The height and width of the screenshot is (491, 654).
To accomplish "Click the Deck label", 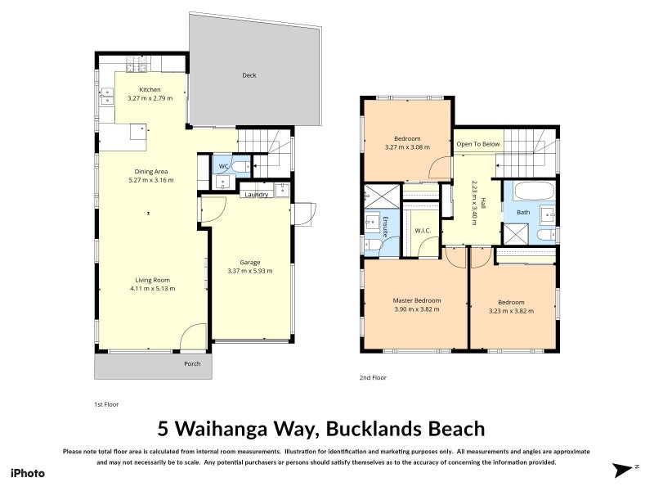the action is (x=249, y=75).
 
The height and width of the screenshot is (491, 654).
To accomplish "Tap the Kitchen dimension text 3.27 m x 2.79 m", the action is (x=150, y=98).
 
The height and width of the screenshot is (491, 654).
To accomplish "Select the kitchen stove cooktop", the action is (x=137, y=64).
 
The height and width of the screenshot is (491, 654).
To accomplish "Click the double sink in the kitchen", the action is (x=107, y=97).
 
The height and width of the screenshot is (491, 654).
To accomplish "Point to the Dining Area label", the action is (x=151, y=172).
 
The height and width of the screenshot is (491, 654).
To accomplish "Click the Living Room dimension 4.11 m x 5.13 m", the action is (x=153, y=289).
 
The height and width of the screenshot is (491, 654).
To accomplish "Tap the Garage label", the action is (x=250, y=262).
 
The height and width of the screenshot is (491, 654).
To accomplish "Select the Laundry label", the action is (x=257, y=195).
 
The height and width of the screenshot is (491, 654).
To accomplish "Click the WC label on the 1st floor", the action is (x=224, y=167).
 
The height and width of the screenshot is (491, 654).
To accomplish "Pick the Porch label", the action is (x=192, y=364).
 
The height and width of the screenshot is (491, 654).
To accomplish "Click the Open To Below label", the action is (x=478, y=144).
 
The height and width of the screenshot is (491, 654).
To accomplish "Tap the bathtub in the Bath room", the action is (x=535, y=191).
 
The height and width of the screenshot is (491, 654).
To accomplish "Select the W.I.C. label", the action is (x=423, y=231).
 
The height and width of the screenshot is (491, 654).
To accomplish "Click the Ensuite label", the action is (x=385, y=227).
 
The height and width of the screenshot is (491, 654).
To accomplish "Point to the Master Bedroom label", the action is (x=417, y=300).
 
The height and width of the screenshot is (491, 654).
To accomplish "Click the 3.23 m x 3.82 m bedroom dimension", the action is (x=512, y=311).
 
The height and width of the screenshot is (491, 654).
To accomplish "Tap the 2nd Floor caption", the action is (x=373, y=378).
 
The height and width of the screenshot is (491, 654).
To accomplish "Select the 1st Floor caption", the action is (x=106, y=404).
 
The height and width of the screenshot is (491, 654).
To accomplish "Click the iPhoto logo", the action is (x=28, y=474).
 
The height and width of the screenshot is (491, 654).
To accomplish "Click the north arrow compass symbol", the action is (x=623, y=470).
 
